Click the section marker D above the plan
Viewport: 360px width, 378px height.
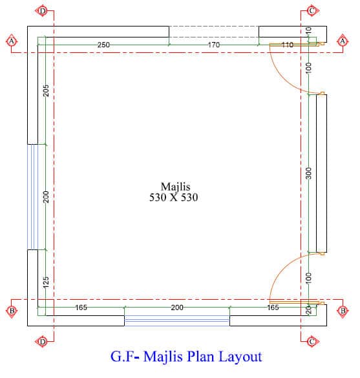point(43,11)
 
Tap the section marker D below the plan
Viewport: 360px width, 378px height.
point(43,342)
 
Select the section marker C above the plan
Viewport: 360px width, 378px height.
point(312,11)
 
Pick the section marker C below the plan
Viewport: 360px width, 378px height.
point(312,342)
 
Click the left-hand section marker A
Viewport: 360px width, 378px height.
point(12,41)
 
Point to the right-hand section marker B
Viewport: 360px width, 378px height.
point(343,311)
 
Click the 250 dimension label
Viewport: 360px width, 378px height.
point(103,45)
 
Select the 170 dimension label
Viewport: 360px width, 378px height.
point(214,45)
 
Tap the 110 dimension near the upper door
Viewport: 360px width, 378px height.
point(288,45)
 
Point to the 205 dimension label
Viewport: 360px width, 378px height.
point(46,90)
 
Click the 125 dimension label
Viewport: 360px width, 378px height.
point(46,282)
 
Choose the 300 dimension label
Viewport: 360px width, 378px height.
point(309,173)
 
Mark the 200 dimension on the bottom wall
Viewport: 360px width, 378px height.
point(177,308)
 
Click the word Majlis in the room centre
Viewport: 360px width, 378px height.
point(175,187)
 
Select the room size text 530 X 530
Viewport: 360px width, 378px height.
point(174,198)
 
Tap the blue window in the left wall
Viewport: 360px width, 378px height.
point(32,197)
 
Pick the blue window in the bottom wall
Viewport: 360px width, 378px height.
point(177,320)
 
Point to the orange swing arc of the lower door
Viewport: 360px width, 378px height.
point(282,268)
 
